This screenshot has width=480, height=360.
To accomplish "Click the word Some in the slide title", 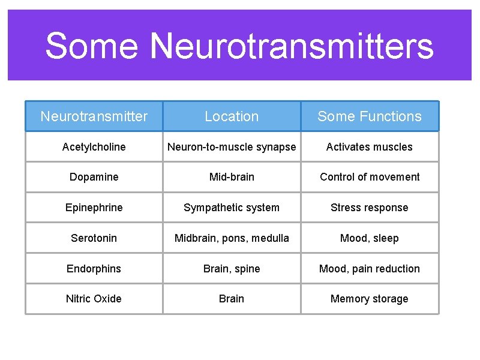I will click(x=92, y=46).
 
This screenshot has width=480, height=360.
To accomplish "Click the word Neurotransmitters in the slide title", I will click(x=291, y=46).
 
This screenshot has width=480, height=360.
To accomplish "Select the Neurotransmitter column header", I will click(x=94, y=116).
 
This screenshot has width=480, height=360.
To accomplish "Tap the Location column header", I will click(x=232, y=116).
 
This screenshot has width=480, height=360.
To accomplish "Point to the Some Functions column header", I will click(x=370, y=116).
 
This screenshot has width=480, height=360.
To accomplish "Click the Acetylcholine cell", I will click(x=94, y=147).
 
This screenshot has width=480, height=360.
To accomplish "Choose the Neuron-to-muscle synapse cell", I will click(x=232, y=147).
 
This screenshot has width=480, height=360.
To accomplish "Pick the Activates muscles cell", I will click(x=370, y=147).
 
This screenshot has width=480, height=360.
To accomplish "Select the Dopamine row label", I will click(x=94, y=177).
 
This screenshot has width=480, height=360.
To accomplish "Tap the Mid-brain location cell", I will click(x=232, y=177).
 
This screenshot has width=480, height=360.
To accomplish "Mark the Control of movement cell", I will click(x=370, y=177).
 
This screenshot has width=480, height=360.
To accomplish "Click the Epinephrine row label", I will click(x=94, y=208).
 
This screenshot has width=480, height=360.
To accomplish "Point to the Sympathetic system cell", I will click(x=232, y=208).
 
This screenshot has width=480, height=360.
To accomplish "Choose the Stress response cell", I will click(x=370, y=208).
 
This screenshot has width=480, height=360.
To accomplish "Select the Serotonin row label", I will click(x=94, y=238).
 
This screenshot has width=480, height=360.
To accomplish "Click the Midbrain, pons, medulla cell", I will click(x=232, y=238).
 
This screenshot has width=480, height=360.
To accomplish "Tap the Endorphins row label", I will click(x=94, y=269).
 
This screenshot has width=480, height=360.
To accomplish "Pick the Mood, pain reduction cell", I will click(x=370, y=269).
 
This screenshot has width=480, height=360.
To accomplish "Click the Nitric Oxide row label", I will click(x=94, y=299).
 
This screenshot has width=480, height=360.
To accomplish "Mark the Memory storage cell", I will click(x=370, y=299).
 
